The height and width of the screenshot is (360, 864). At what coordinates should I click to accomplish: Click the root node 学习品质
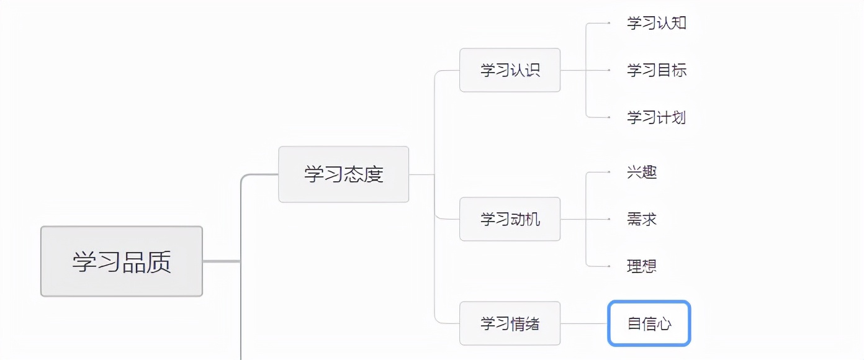click(x=122, y=261)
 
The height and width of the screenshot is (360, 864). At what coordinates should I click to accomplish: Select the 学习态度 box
click(x=343, y=174)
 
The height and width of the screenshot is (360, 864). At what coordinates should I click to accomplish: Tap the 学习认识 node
click(x=510, y=70)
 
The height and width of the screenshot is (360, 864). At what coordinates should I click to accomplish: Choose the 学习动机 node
click(x=510, y=219)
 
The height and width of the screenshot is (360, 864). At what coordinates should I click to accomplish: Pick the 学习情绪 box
click(x=510, y=323)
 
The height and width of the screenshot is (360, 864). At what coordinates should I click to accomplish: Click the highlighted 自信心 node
click(x=649, y=323)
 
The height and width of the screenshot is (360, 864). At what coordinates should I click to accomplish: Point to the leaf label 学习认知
click(x=656, y=24)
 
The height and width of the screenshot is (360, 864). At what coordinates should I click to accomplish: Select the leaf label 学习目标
click(x=656, y=70)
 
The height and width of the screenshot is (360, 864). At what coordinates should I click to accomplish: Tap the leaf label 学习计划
click(x=656, y=117)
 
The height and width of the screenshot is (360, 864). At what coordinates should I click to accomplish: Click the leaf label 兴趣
click(x=642, y=172)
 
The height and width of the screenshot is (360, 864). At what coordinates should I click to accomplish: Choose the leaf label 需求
click(x=642, y=219)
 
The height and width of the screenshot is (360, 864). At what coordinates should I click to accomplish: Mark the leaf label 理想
click(x=642, y=266)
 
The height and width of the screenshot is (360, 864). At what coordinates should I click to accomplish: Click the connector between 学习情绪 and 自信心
click(x=583, y=323)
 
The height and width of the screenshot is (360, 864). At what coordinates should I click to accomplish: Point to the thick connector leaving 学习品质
click(x=221, y=261)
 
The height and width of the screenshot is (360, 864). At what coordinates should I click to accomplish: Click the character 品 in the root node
click(x=134, y=261)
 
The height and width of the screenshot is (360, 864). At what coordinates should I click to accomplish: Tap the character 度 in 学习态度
click(x=374, y=174)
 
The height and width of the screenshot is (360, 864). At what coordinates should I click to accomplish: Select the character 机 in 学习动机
click(x=533, y=219)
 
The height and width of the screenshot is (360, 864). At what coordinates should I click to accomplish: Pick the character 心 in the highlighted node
click(x=664, y=323)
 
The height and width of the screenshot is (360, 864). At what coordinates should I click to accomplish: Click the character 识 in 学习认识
click(x=533, y=70)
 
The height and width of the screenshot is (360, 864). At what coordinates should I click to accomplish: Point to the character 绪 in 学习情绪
click(x=533, y=323)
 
